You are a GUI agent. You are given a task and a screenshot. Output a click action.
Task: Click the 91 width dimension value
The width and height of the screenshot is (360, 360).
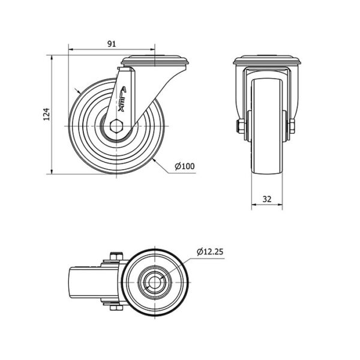point(112,44)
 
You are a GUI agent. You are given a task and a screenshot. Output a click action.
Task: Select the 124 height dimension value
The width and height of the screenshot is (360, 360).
point(46,114)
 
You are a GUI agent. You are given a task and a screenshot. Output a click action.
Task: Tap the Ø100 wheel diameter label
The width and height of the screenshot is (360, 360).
point(185,166)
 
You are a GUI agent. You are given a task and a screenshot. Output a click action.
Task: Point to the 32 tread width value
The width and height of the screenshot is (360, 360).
point(267,199)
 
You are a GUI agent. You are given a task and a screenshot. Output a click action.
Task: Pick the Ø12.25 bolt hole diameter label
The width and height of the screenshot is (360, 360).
point(210,252)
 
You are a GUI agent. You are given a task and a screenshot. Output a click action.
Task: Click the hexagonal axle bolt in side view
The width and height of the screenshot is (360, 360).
point(116,126)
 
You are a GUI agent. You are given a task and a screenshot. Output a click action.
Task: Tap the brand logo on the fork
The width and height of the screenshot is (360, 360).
point(122,99)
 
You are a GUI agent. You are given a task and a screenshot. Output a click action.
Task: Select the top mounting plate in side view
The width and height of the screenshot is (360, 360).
point(155,60)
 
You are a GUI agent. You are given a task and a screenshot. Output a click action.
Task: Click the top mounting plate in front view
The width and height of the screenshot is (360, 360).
point(267,60)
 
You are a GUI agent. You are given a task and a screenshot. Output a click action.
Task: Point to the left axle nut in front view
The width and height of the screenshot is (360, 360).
point(239,126)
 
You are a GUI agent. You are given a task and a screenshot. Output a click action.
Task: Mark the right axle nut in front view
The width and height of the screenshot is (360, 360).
point(292,126)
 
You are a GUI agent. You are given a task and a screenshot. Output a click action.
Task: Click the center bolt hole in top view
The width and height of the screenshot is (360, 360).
point(155,282)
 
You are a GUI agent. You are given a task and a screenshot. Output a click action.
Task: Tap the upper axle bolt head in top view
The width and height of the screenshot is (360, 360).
point(116,256)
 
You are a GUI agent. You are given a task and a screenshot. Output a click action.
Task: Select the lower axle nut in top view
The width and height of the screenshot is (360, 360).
point(116,308)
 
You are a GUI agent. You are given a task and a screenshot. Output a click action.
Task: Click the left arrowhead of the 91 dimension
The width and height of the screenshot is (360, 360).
point(71,49)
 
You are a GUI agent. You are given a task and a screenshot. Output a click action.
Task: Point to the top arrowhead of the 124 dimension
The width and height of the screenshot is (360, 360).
point(52,58)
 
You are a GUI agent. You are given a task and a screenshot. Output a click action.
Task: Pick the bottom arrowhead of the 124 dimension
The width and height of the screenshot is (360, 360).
point(52,172)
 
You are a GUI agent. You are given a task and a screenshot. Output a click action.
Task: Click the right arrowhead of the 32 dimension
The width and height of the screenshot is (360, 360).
point(280,205)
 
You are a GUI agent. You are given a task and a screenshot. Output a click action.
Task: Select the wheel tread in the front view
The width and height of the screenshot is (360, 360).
point(267,126)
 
